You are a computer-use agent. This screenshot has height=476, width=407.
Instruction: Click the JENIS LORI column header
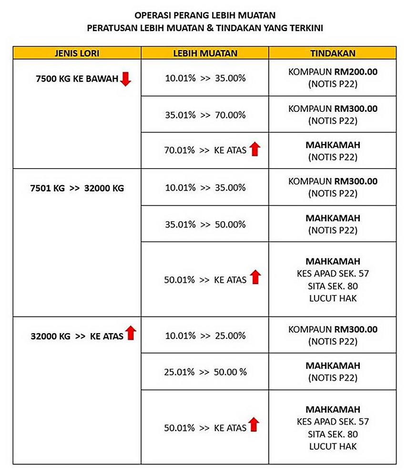click(77, 52)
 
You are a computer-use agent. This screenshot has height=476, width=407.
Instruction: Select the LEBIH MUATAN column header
click(205, 52)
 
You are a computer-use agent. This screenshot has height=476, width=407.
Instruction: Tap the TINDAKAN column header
click(333, 52)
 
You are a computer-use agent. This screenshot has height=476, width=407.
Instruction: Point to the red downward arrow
click(125, 79)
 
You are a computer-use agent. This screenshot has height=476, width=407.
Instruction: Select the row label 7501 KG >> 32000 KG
click(77, 188)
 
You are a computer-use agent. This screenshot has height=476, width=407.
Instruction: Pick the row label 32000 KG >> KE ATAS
click(77, 336)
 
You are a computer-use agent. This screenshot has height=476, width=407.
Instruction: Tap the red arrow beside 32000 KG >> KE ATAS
click(131, 333)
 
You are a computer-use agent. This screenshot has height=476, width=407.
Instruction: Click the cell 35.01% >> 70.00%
click(205, 115)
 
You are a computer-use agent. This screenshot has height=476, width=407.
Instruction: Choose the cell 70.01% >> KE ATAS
click(205, 150)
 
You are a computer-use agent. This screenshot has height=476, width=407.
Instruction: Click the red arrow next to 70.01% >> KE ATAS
click(255, 149)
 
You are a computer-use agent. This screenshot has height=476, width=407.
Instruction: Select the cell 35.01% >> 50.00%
click(205, 224)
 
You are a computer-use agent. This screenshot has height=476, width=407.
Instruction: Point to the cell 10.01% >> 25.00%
click(205, 336)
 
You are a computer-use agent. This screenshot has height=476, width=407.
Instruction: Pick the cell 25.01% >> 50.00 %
click(205, 372)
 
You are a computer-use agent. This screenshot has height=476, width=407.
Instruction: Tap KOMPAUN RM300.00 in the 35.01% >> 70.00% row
click(333, 109)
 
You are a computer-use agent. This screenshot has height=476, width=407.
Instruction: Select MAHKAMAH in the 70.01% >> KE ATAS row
click(333, 145)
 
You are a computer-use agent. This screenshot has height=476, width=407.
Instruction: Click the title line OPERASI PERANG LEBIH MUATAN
click(205, 16)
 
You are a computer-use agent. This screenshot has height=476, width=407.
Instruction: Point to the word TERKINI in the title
click(305, 28)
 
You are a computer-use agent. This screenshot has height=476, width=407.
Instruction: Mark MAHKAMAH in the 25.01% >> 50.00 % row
click(333, 366)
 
